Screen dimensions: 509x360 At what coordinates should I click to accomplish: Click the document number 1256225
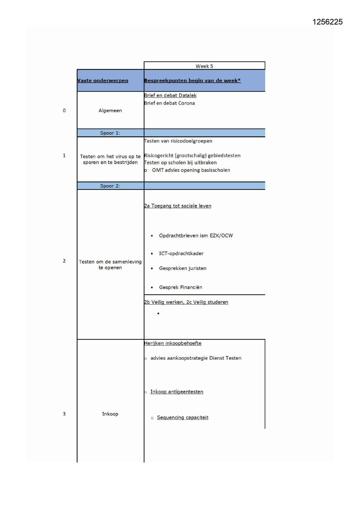click(x=327, y=22)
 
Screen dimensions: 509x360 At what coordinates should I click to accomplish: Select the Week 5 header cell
click(x=204, y=66)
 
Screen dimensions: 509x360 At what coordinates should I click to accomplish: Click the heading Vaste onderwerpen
click(x=103, y=81)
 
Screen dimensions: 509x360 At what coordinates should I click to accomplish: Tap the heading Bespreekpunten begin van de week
click(x=192, y=81)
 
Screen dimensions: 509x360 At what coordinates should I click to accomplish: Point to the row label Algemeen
click(x=110, y=111)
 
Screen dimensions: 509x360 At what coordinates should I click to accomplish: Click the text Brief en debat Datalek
click(x=170, y=95)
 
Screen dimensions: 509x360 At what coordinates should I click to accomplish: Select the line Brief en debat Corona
click(x=169, y=103)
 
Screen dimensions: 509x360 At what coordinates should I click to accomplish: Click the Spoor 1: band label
click(x=110, y=133)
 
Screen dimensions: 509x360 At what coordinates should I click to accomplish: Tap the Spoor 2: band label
click(x=110, y=186)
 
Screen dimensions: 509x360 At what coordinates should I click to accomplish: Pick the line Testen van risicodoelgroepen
click(x=178, y=141)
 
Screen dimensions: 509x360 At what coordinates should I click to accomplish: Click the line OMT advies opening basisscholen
click(x=191, y=170)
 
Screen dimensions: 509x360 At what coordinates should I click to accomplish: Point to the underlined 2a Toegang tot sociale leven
click(x=178, y=206)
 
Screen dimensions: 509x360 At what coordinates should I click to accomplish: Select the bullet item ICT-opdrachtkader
click(x=181, y=253)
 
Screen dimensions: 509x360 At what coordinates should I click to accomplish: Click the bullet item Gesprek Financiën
click(x=180, y=287)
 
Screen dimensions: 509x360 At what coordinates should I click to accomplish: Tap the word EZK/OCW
click(x=221, y=236)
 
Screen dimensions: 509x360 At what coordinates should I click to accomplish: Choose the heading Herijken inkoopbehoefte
click(x=173, y=343)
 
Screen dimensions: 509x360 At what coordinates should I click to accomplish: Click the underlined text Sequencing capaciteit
click(x=182, y=418)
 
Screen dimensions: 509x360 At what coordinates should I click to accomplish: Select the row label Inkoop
click(x=110, y=414)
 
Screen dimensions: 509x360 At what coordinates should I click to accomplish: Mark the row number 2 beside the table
click(x=64, y=261)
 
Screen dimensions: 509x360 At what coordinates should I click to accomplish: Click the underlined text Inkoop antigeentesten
click(x=177, y=392)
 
